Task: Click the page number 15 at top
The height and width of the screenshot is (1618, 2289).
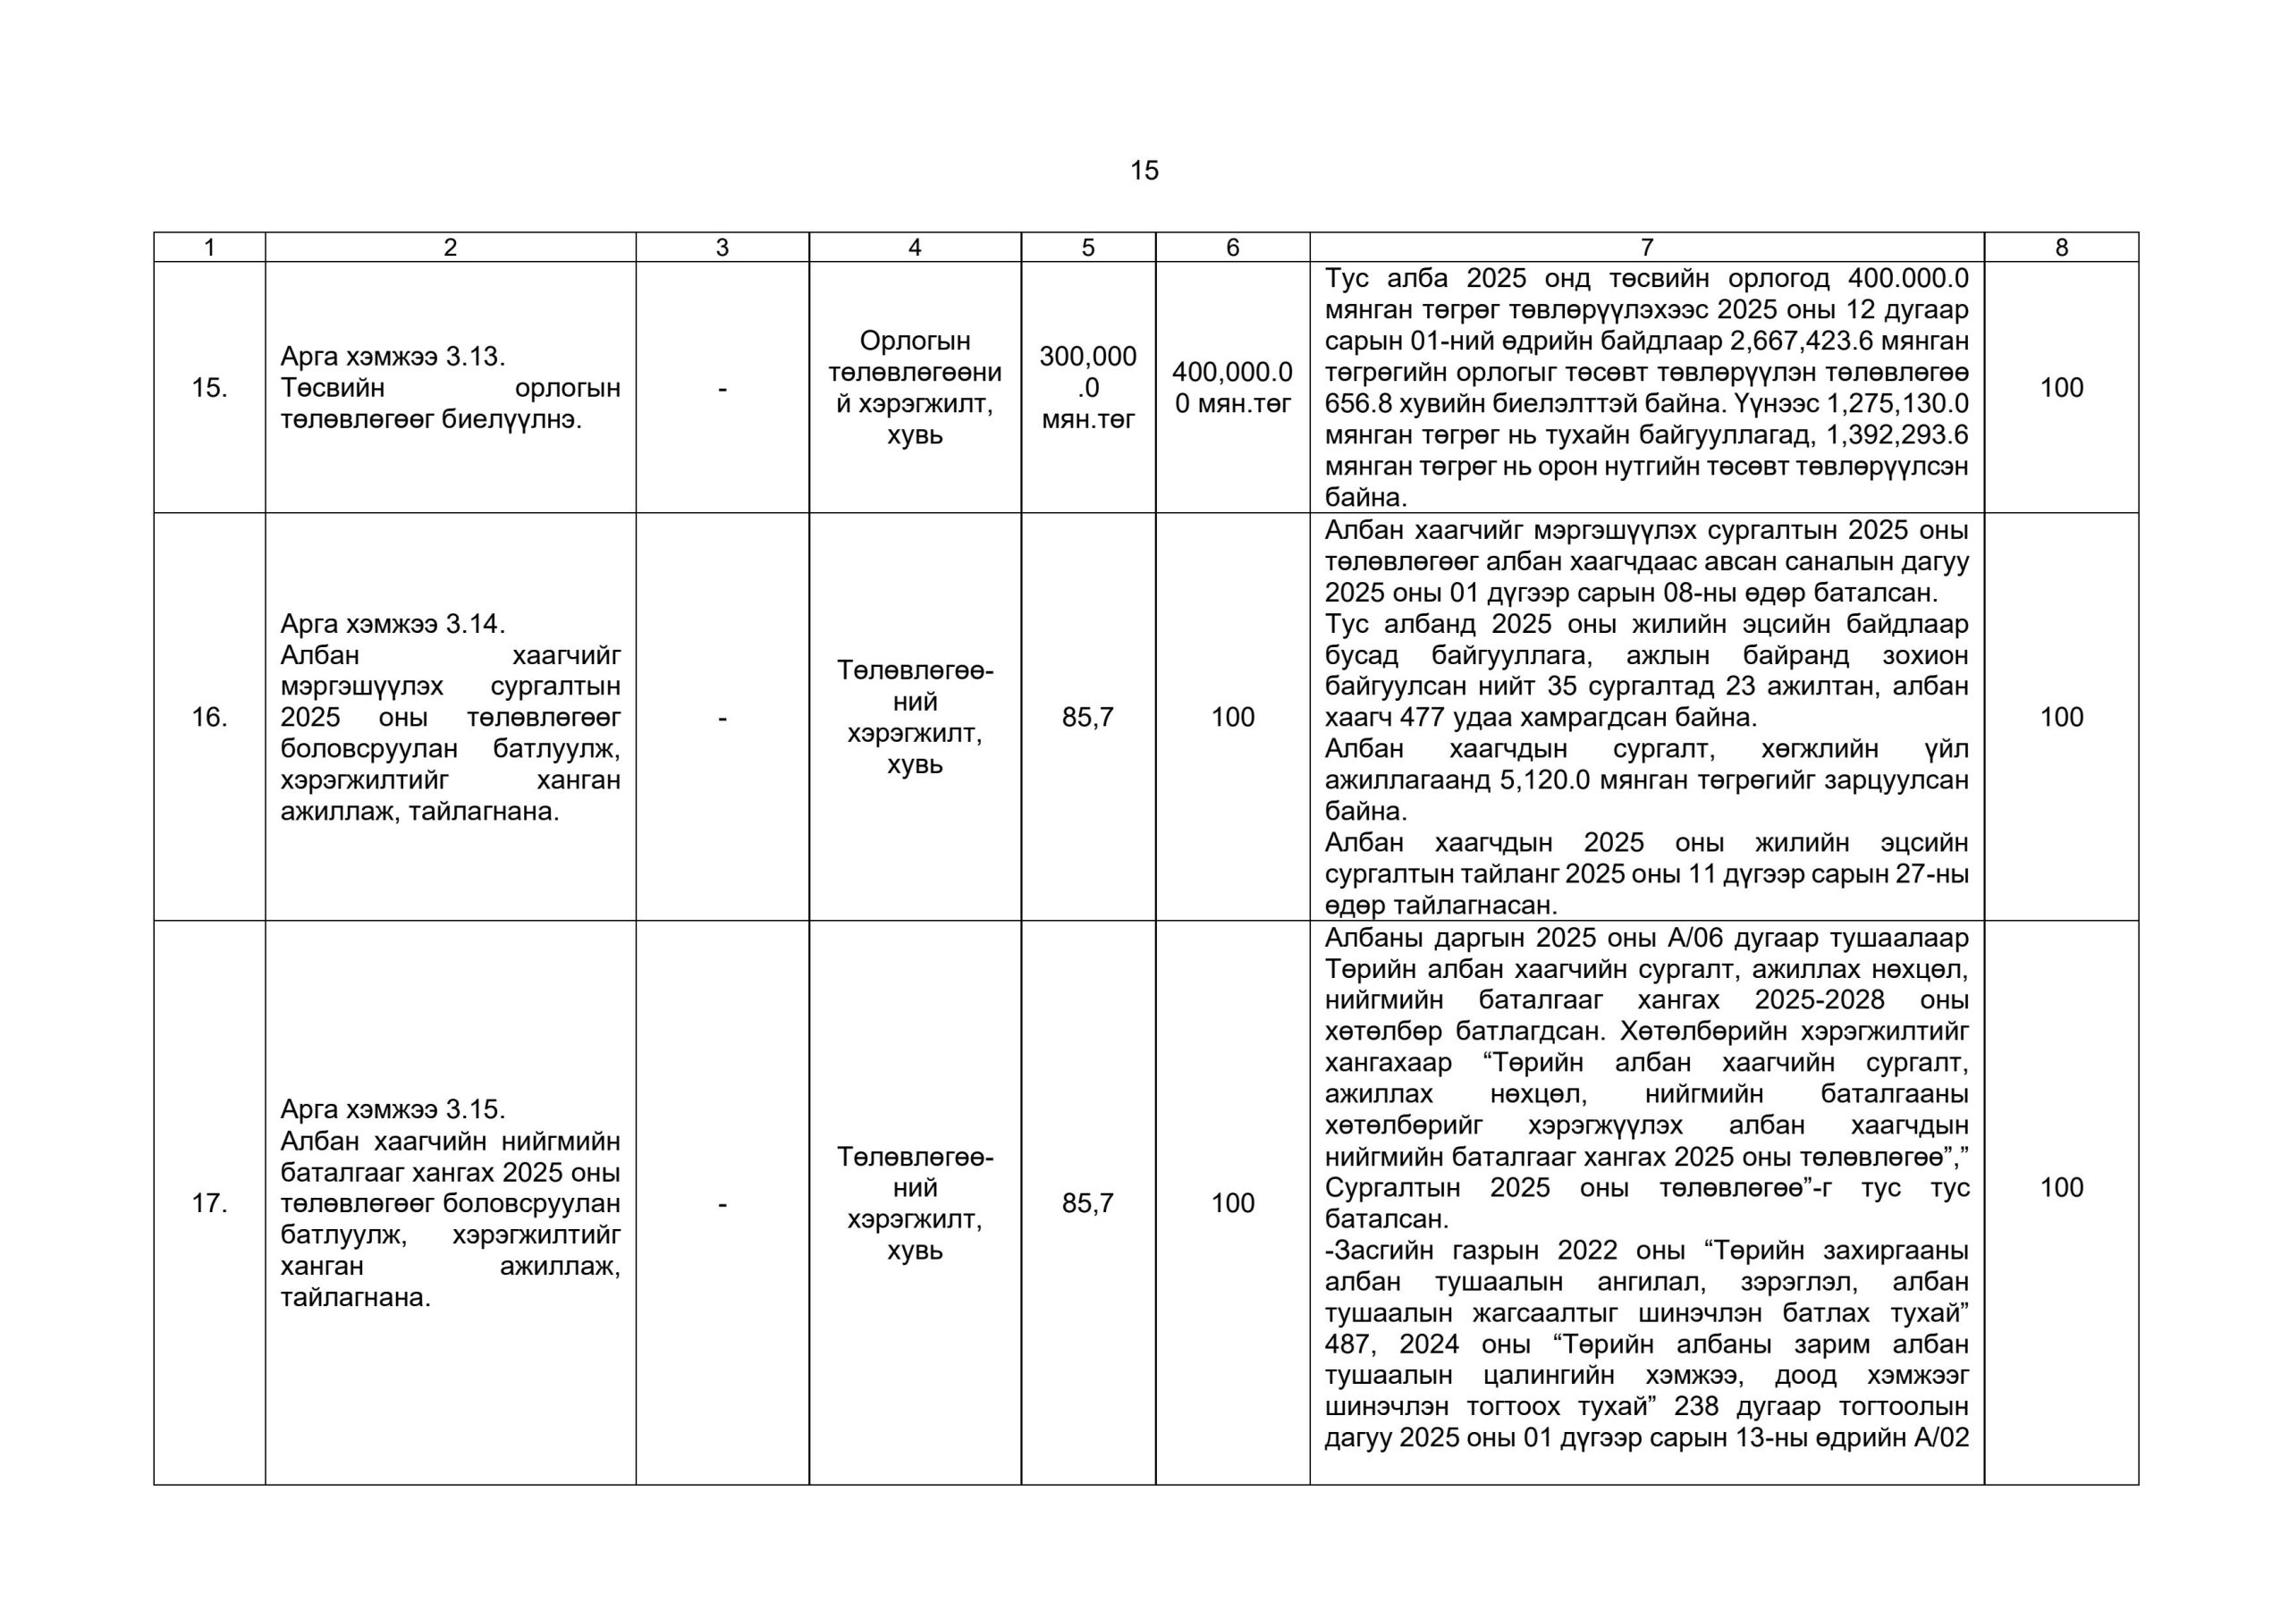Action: click(1144, 171)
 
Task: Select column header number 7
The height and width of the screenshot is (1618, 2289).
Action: click(1646, 248)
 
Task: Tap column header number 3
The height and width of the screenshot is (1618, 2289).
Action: click(722, 248)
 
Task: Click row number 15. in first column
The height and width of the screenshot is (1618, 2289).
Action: click(209, 388)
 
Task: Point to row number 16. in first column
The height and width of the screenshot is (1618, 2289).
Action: click(209, 717)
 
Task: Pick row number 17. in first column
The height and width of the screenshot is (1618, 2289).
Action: click(209, 1203)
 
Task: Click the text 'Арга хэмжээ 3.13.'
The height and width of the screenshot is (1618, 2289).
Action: click(393, 356)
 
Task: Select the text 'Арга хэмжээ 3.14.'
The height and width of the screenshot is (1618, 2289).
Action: click(393, 624)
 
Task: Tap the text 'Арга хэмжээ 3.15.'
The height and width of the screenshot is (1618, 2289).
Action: click(393, 1109)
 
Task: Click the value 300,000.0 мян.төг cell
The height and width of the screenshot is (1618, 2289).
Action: click(1087, 388)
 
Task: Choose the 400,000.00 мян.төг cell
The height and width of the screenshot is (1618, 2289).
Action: click(1232, 388)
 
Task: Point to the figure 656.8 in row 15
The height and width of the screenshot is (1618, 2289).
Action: click(1358, 404)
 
